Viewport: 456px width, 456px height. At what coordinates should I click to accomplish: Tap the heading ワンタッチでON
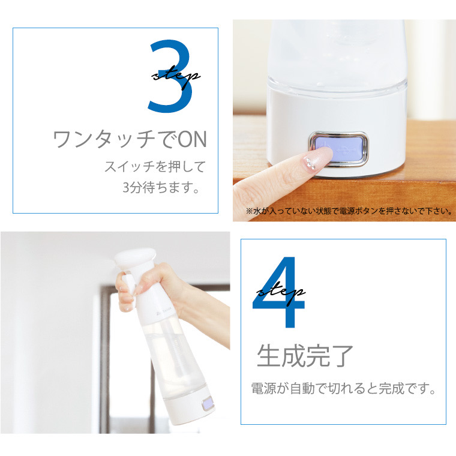click(130, 140)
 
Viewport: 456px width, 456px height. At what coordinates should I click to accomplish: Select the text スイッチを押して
click(155, 166)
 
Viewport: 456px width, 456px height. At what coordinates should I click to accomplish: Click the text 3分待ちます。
click(160, 188)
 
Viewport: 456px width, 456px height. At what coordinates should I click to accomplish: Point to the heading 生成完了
click(305, 356)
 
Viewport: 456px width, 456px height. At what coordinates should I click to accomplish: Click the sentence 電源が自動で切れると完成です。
click(343, 388)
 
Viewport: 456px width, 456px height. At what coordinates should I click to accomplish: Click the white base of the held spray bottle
click(180, 414)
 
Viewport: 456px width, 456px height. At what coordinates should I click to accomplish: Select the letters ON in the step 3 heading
click(193, 140)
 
